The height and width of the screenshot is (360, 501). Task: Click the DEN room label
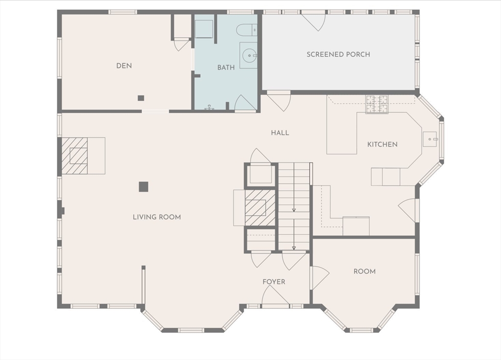pyautogui.click(x=124, y=66)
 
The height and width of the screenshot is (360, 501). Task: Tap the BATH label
pyautogui.click(x=226, y=67)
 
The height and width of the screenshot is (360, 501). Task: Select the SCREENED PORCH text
pyautogui.click(x=339, y=54)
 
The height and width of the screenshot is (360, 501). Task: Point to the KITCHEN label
pyautogui.click(x=383, y=144)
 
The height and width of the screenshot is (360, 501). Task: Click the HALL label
pyautogui.click(x=280, y=133)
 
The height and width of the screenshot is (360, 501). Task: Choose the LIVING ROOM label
pyautogui.click(x=157, y=217)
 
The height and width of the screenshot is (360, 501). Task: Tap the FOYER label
pyautogui.click(x=274, y=282)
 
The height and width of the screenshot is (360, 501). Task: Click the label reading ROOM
pyautogui.click(x=364, y=271)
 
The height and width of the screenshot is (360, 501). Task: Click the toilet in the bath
pyautogui.click(x=247, y=30)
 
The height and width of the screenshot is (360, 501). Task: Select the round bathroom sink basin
pyautogui.click(x=250, y=56)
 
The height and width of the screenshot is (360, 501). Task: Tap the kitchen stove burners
pyautogui.click(x=377, y=104)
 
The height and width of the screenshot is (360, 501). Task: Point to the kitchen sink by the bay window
pyautogui.click(x=430, y=139)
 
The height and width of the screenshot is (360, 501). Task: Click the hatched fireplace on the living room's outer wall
pyautogui.click(x=74, y=156)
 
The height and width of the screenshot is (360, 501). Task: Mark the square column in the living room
pyautogui.click(x=143, y=186)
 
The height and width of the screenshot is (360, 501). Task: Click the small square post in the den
pyautogui.click(x=141, y=98)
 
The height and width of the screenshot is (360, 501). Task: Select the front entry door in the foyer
pyautogui.click(x=275, y=295)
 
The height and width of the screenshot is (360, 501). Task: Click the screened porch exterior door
pyautogui.click(x=314, y=21)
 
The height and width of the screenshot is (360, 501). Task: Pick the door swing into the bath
pyautogui.click(x=246, y=104)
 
